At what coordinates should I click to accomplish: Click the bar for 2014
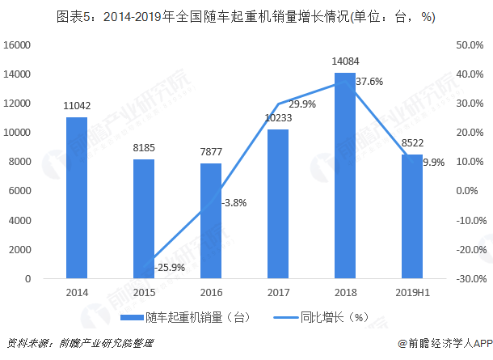77,198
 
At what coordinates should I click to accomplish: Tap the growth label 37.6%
369,81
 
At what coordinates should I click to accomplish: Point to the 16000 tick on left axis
17,45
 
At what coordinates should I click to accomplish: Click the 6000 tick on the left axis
19,191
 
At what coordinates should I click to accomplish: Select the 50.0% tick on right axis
470,45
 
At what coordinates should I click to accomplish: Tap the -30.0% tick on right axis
469,278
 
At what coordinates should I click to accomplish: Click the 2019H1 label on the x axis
411,292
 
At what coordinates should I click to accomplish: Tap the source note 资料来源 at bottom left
79,343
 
